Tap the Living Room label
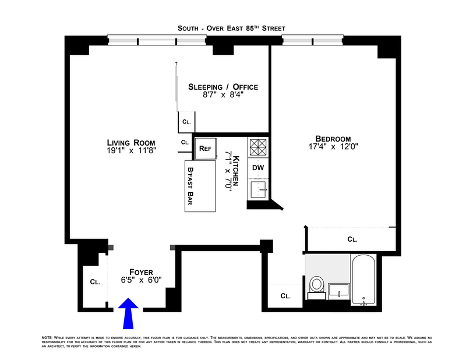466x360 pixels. [x=131, y=142]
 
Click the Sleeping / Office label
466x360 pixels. [x=223, y=87]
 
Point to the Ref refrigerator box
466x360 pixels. [x=205, y=148]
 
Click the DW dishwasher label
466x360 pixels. [x=258, y=168]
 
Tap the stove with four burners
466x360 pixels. [x=258, y=146]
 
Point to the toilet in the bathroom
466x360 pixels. [x=317, y=285]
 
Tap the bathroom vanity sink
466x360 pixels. [x=338, y=290]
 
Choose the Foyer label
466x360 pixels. [x=141, y=272]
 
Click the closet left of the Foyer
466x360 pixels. [x=94, y=282]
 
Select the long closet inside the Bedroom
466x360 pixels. [x=351, y=239]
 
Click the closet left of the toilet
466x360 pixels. [x=285, y=295]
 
